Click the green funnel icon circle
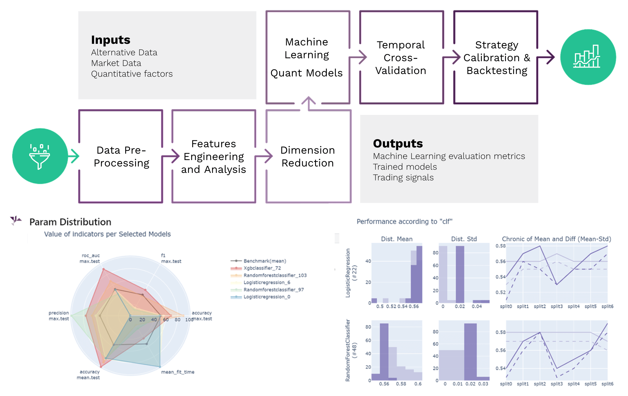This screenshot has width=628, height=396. (x=40, y=156)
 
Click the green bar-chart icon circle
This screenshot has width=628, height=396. (x=588, y=57)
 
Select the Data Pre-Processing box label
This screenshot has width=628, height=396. (x=121, y=157)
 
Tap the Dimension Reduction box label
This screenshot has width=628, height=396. (x=308, y=157)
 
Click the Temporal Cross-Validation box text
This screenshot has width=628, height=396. (x=401, y=58)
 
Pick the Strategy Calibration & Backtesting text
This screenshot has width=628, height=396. (x=497, y=58)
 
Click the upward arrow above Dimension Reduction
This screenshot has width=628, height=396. (x=309, y=103)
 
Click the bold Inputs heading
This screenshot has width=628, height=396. (x=111, y=40)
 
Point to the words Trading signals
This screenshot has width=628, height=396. (x=403, y=177)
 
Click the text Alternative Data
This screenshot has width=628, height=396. (x=124, y=52)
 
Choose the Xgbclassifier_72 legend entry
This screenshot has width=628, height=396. (x=262, y=268)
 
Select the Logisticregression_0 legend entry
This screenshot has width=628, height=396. (x=266, y=297)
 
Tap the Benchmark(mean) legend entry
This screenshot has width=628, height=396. (x=264, y=261)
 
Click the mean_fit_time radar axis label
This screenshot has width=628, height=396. (x=177, y=372)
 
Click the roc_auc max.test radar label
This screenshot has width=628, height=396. (x=90, y=258)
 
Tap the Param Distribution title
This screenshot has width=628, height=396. (x=70, y=222)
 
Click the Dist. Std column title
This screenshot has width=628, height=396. (x=464, y=239)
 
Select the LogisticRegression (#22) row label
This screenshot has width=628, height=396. (x=351, y=273)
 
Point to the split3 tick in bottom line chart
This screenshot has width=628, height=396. (x=557, y=384)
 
